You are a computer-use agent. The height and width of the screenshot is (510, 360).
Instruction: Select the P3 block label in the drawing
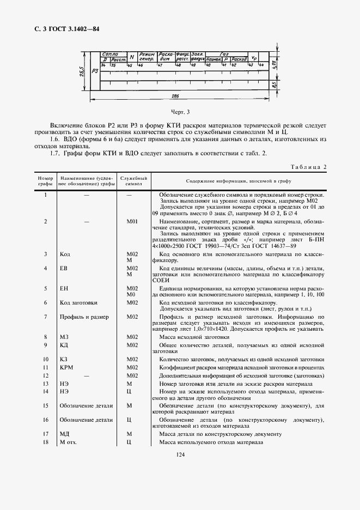[95, 70]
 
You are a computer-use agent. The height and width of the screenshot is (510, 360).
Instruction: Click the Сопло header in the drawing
[110, 54]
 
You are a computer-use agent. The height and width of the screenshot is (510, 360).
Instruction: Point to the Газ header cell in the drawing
[224, 54]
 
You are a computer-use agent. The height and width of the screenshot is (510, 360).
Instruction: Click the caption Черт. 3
[179, 113]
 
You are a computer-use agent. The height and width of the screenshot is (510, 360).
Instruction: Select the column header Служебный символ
[134, 181]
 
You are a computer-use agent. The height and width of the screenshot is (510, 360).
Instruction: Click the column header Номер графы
[45, 181]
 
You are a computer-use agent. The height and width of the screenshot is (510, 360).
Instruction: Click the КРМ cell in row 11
[66, 368]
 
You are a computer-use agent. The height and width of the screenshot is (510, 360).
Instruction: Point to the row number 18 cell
[45, 442]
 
